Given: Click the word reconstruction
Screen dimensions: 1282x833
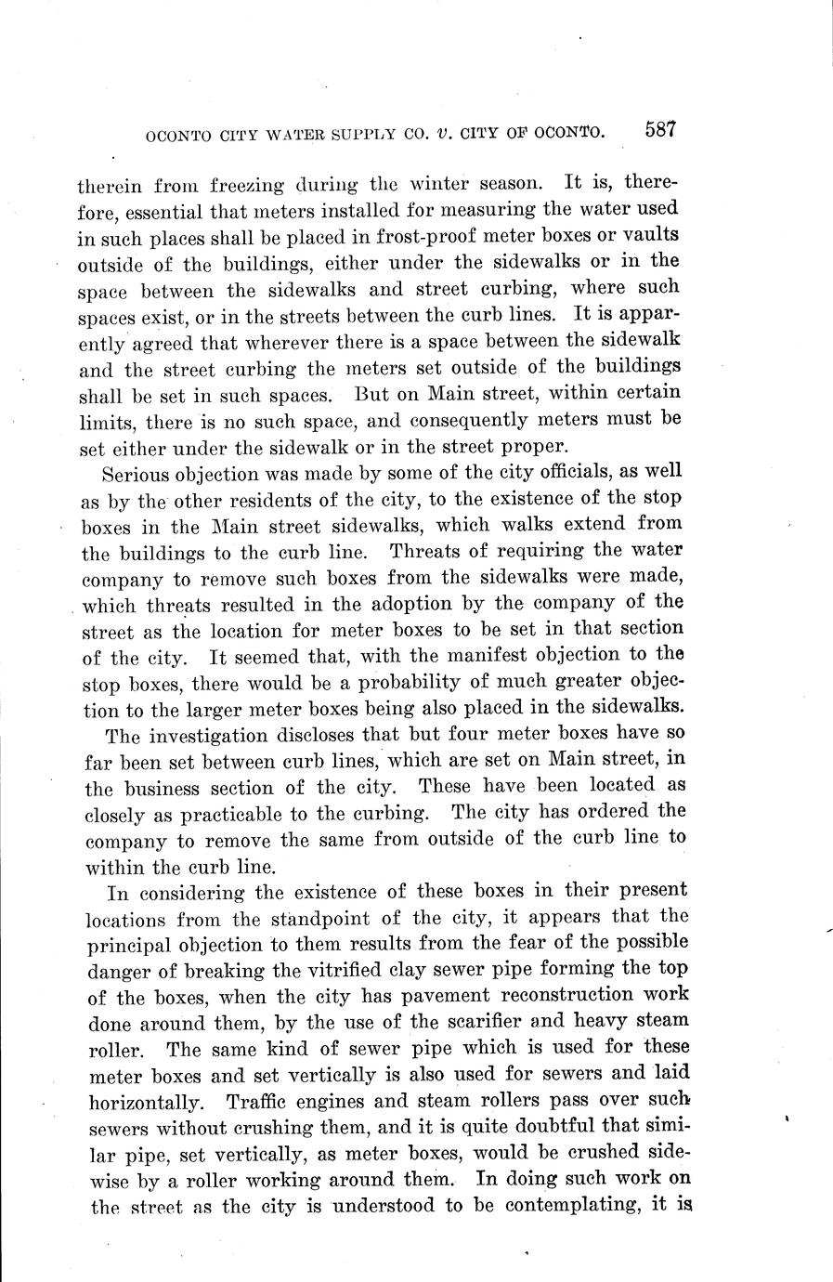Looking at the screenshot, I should pyautogui.click(x=560, y=996).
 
